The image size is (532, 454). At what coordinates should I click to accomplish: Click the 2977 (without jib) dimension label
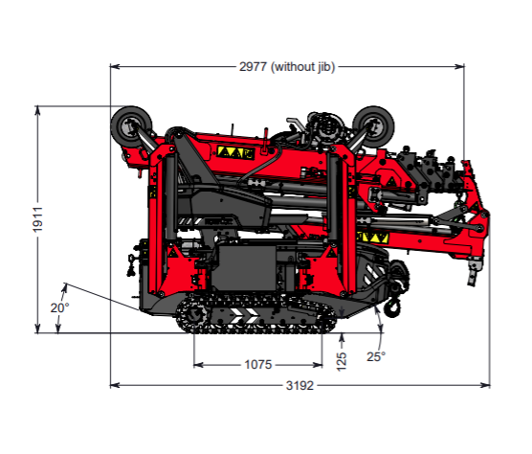[x=287, y=66]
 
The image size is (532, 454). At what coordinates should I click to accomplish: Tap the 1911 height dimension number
[x=37, y=219]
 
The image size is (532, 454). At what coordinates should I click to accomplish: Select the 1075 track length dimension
[x=258, y=365]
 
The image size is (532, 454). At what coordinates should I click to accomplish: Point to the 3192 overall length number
[x=299, y=385]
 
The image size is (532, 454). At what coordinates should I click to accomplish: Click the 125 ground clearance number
[x=342, y=361]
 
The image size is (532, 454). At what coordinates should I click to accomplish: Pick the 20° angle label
[x=60, y=308]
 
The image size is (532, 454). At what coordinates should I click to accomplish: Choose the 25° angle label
[x=376, y=356]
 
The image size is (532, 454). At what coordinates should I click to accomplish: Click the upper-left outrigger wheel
[x=132, y=126]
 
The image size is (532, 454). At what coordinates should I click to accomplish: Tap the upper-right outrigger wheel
[x=373, y=126]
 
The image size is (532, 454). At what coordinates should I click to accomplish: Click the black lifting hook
[x=392, y=308]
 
